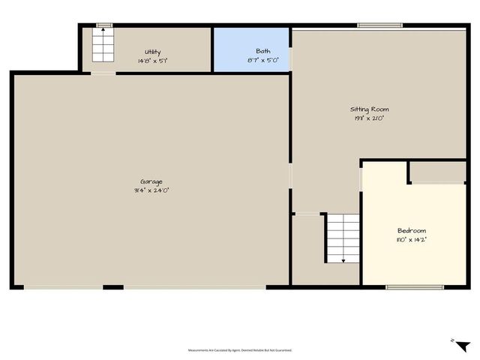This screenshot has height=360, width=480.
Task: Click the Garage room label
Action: click(x=151, y=181)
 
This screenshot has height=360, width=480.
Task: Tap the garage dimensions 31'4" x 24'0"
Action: click(x=151, y=190)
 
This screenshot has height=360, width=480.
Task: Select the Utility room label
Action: click(x=152, y=52)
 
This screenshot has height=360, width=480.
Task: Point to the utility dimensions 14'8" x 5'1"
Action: click(x=152, y=60)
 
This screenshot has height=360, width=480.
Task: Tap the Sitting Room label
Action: click(x=370, y=109)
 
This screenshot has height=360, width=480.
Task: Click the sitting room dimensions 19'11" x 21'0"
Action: click(x=370, y=118)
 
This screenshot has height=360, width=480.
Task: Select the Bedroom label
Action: click(x=412, y=230)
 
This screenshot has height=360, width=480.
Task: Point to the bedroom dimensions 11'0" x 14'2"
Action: click(x=412, y=239)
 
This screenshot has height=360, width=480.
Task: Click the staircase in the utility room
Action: click(x=102, y=45)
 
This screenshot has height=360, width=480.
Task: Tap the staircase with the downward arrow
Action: click(x=343, y=238)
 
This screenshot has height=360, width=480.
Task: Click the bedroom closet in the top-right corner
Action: click(x=438, y=172)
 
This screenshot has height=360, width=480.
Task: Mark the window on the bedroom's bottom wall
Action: click(x=415, y=286)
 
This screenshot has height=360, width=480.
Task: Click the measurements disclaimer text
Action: click(x=240, y=350)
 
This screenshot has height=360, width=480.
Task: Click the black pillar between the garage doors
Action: click(x=113, y=286)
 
